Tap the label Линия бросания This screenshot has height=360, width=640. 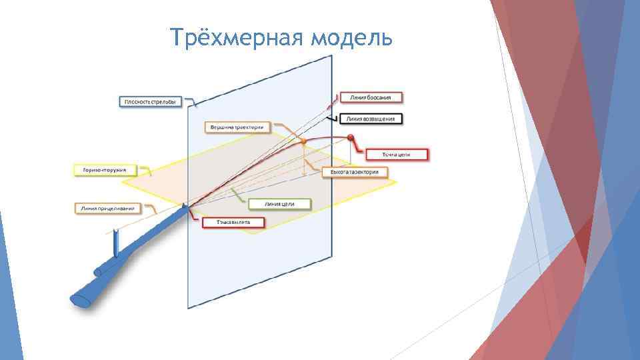375,97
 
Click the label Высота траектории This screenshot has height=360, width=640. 355,172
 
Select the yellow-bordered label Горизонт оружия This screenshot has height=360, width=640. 105,170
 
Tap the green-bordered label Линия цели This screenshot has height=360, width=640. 279,203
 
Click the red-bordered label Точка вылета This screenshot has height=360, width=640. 233,223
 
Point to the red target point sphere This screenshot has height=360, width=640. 351,138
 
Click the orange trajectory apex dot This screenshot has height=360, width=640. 303,142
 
